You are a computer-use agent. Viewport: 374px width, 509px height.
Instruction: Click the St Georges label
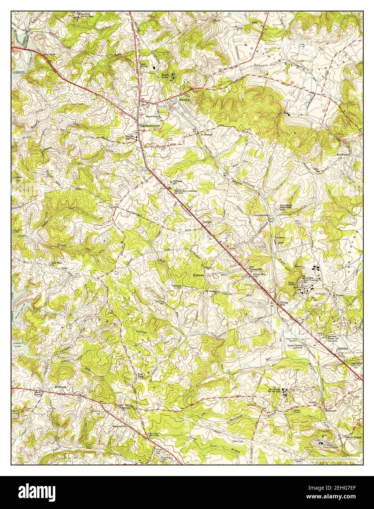pyautogui.click(x=206, y=134)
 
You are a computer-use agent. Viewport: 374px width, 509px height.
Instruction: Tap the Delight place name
pyautogui.click(x=207, y=222)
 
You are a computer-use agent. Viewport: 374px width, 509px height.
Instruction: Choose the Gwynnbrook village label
pyautogui.click(x=260, y=215)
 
